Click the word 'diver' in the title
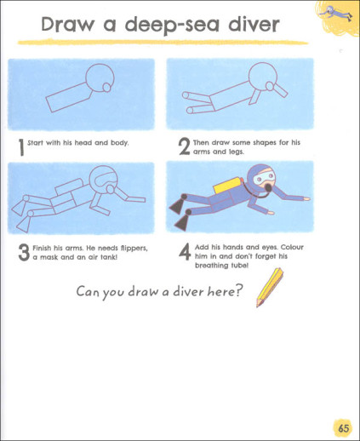point(254,25)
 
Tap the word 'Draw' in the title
point(67,25)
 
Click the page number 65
point(343,428)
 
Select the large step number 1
point(21,147)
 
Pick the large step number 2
point(185,146)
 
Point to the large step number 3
point(24,252)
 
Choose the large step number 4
point(185,252)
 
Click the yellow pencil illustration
point(270,288)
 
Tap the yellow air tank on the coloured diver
point(226,186)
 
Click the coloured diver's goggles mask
point(265,178)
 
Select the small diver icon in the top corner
point(335,13)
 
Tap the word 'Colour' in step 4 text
point(292,247)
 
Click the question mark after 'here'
point(239,290)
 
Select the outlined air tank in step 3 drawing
point(69,186)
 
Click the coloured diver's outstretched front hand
point(306,198)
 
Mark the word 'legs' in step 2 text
point(236,152)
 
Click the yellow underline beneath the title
point(163,43)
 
